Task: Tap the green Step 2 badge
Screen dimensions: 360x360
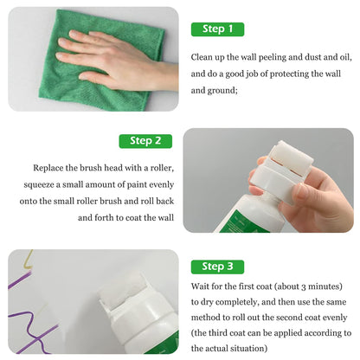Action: (x=145, y=140)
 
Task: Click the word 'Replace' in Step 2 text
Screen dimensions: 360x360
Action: (x=51, y=167)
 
